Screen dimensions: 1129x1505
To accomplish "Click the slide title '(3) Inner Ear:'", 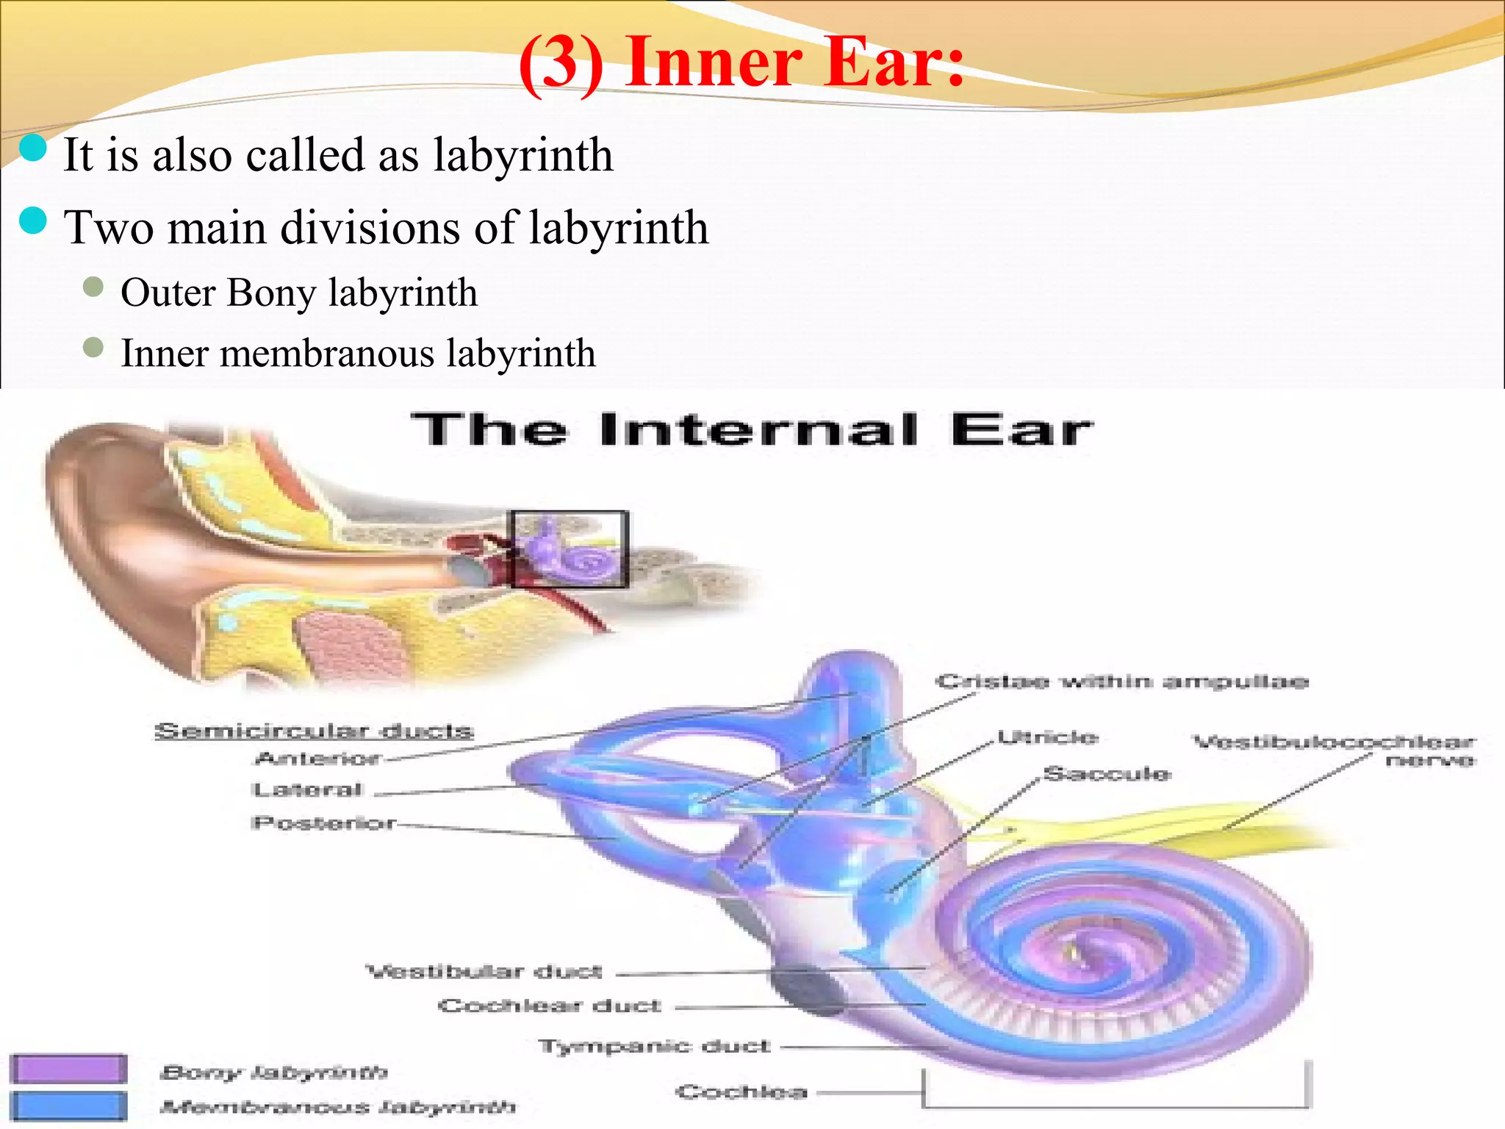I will (x=741, y=62).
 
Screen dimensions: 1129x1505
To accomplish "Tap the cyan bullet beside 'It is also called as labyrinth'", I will (x=33, y=148).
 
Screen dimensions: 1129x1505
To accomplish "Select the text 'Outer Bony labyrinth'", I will (x=298, y=293).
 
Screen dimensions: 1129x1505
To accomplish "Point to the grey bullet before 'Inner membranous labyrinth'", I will (x=93, y=347).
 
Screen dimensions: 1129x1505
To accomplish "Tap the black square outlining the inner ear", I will (x=570, y=549).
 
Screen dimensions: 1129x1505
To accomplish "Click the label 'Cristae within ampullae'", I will (x=1121, y=682).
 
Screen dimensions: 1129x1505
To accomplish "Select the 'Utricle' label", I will (x=1048, y=737).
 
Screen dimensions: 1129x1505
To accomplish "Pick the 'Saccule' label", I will (x=1107, y=774).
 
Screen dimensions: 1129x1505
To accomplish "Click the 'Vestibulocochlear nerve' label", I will (x=1334, y=750).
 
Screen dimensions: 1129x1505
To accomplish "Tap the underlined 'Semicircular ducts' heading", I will (x=314, y=731).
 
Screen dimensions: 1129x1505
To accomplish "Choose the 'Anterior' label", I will (x=318, y=758).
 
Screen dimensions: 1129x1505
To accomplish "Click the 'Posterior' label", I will (x=324, y=822).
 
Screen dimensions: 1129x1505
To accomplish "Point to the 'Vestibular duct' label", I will (x=484, y=972).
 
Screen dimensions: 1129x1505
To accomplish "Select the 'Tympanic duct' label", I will (x=655, y=1046).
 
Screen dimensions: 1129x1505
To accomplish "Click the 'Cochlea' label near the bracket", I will (x=741, y=1092).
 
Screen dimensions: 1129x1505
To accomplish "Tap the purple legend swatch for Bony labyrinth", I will (x=68, y=1069).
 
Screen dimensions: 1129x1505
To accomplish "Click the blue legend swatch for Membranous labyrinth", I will (x=68, y=1105).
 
